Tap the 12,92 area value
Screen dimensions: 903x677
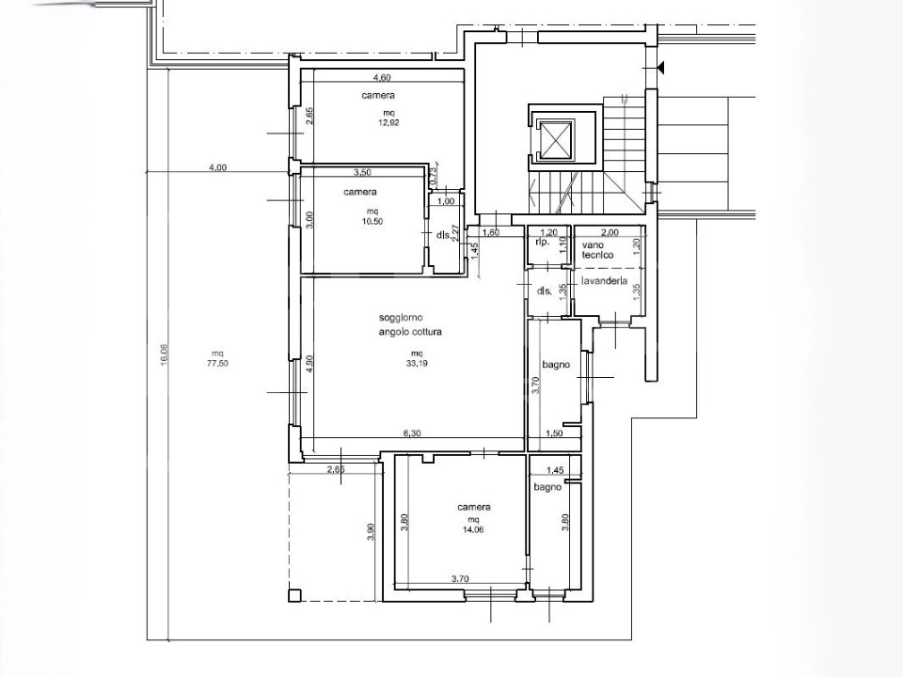tap(389, 122)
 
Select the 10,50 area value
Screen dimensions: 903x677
tap(372, 221)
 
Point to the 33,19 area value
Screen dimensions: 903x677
tap(417, 363)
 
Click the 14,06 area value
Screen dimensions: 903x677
tap(473, 529)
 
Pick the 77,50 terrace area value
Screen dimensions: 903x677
tap(217, 363)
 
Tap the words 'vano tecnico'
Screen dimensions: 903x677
tap(597, 250)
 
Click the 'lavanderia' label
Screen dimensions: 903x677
tap(604, 281)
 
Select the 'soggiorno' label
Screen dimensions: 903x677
tap(401, 317)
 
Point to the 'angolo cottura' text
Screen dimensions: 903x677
tap(410, 332)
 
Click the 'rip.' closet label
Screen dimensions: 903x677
tap(543, 242)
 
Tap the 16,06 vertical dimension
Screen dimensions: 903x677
tap(164, 354)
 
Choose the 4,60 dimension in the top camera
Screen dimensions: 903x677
tap(382, 78)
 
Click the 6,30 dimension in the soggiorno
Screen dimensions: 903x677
tap(412, 433)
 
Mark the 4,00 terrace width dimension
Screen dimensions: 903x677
tap(217, 167)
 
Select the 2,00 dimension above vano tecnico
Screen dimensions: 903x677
tap(610, 232)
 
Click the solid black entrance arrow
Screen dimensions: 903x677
tap(660, 68)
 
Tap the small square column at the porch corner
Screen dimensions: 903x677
tap(294, 595)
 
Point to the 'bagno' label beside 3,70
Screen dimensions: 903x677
tap(556, 365)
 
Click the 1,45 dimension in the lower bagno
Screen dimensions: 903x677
tap(555, 470)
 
